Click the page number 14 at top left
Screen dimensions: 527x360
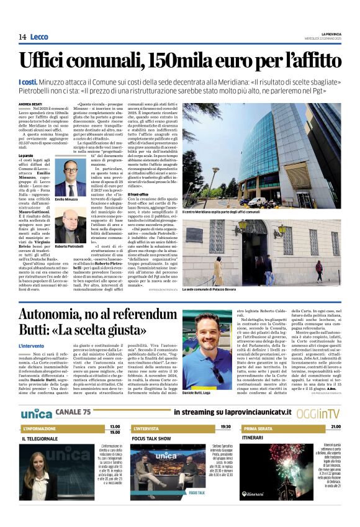22,37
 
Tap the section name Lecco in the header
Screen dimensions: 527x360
39,37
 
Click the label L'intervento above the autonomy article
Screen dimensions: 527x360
32,345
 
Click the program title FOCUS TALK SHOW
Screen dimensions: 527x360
151,438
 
